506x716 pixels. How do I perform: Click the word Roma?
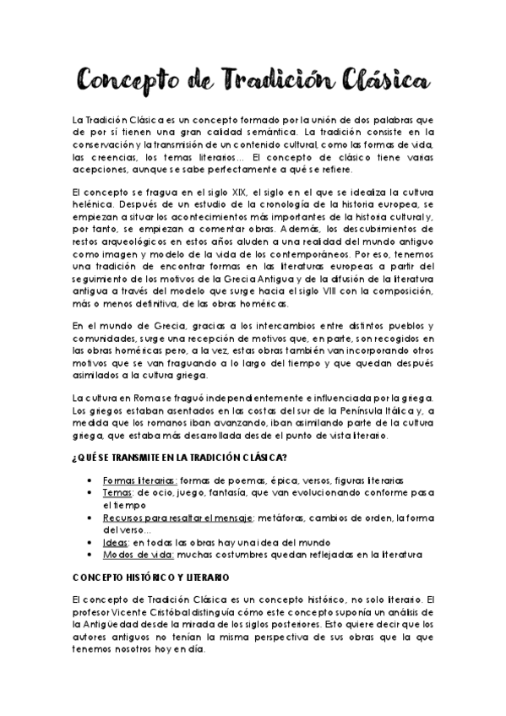coord(139,398)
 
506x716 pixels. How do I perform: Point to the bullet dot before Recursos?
coord(91,517)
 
